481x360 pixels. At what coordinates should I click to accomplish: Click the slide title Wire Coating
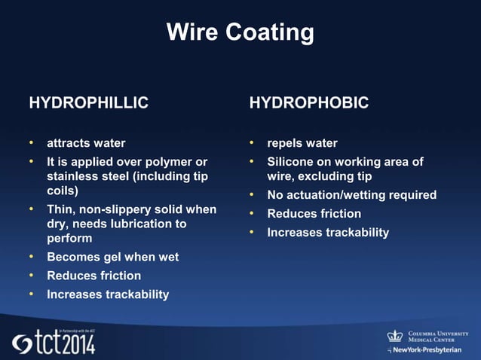point(240,32)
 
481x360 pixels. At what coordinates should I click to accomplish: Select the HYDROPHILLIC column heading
point(88,103)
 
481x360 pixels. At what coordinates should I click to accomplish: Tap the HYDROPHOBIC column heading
point(309,103)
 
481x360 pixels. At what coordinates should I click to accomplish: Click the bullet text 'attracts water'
point(86,143)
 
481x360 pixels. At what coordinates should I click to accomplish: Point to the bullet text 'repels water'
point(302,143)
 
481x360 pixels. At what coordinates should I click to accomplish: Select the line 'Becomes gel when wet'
point(112,257)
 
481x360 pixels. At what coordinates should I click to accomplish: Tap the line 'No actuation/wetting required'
point(351,195)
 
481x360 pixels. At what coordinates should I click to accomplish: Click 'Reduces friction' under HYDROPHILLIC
point(93,276)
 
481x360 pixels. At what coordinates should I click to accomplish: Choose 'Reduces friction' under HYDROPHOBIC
point(314,214)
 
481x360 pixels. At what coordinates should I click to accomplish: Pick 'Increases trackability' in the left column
point(108,294)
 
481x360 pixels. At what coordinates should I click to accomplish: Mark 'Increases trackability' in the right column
point(328,233)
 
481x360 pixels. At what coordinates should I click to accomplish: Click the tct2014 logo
point(53,343)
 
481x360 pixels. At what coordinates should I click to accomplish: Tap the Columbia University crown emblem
point(395,336)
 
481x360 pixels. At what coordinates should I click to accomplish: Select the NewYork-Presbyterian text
point(427,351)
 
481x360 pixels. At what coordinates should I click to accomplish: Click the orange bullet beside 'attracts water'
point(32,143)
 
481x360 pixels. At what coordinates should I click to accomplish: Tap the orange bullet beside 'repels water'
point(253,143)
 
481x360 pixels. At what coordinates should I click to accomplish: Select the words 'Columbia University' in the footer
point(438,333)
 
